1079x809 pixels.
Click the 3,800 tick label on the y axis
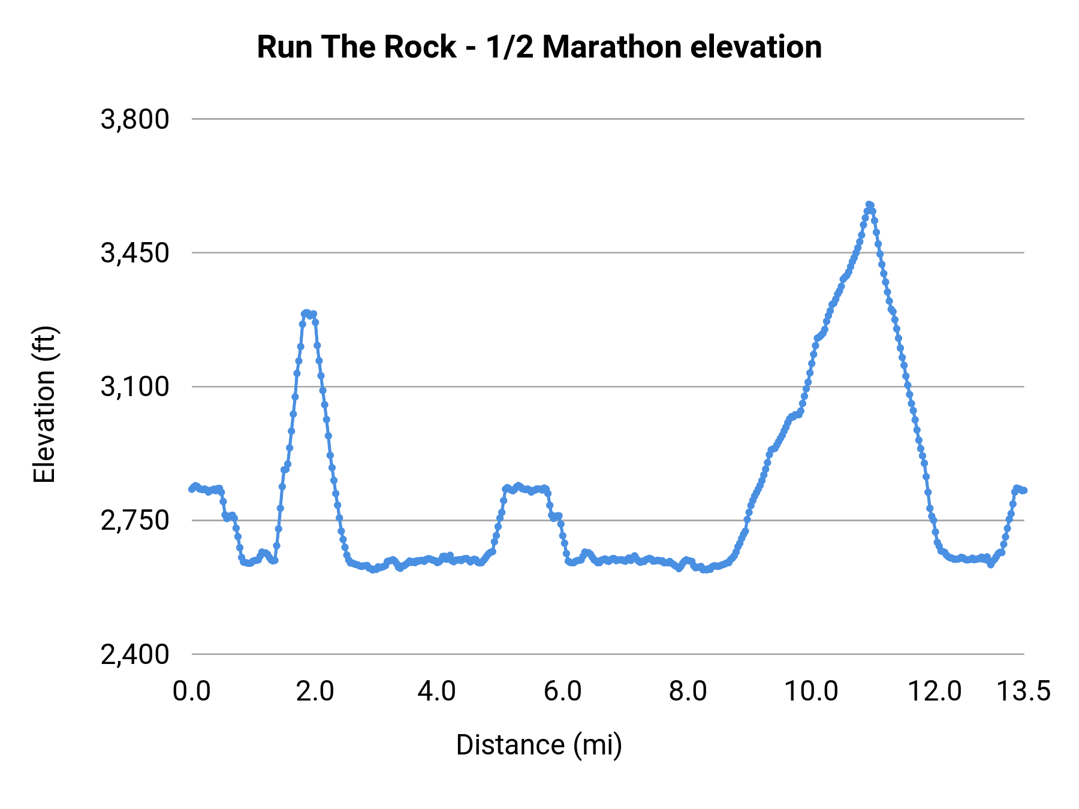(x=135, y=119)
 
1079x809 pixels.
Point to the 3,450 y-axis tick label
(x=135, y=253)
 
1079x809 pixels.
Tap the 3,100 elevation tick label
(x=135, y=387)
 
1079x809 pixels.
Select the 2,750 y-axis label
(x=135, y=520)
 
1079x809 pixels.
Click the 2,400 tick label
(x=135, y=654)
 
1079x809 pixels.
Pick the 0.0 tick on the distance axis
(x=192, y=691)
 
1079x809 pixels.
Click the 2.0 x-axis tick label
(x=315, y=691)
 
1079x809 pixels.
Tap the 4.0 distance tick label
(x=437, y=691)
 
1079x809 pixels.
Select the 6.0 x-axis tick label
(x=563, y=691)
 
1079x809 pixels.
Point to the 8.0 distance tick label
(x=688, y=691)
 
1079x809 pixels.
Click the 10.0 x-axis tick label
(x=811, y=691)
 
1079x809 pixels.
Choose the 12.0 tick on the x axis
(x=935, y=691)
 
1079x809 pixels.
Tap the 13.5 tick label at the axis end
(x=1023, y=691)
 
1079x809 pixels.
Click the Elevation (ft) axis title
(x=44, y=404)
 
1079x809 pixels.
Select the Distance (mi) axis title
(x=539, y=745)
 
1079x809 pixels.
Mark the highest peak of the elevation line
(x=869, y=205)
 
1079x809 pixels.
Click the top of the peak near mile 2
(x=306, y=313)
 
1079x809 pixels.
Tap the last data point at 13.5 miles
(x=1024, y=490)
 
